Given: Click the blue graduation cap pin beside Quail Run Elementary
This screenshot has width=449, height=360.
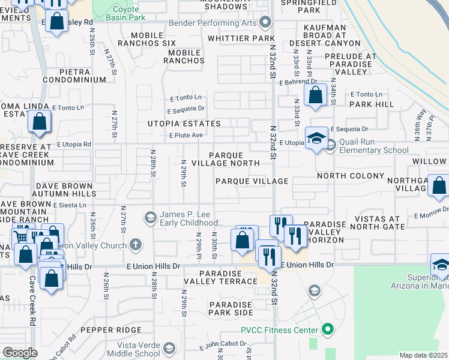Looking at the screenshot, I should point(316,139).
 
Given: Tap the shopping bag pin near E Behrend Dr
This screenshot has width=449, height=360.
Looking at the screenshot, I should point(315,95).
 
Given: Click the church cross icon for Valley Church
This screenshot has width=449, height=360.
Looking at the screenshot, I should point(136,245).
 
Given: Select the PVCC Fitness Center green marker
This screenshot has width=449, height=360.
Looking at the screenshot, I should point(327,329).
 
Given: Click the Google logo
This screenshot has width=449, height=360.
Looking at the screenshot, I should point(20,353).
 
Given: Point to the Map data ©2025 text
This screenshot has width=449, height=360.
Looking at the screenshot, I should point(423,356).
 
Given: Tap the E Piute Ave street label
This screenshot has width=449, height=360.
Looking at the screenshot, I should point(185,135).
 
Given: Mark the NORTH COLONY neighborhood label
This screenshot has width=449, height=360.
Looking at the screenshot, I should point(351,176).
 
